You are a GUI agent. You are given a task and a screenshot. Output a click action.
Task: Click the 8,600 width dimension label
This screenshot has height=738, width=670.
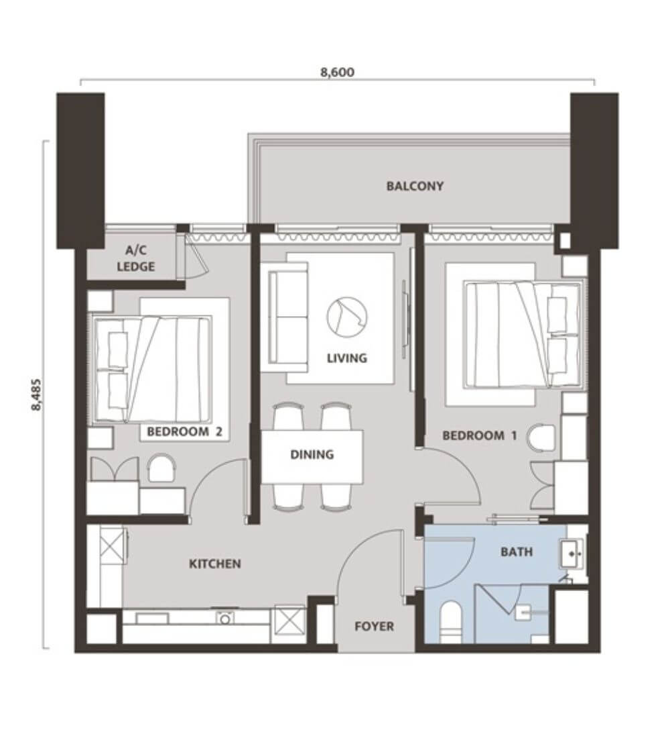tap(337, 72)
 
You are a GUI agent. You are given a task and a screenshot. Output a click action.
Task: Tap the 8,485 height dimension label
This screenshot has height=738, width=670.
tap(37, 394)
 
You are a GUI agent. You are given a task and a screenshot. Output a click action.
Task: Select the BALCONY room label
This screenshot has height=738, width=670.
tap(415, 186)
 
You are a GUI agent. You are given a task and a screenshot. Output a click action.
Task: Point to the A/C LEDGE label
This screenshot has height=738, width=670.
tap(135, 258)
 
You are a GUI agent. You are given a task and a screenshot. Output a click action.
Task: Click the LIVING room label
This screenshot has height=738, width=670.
tap(347, 358)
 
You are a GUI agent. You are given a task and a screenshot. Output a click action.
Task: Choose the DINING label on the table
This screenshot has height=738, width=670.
tap(312, 455)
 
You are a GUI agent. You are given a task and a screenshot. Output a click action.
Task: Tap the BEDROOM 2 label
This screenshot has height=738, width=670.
tap(184, 431)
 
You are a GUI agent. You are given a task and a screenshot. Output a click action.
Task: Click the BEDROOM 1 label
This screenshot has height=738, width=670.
tap(480, 435)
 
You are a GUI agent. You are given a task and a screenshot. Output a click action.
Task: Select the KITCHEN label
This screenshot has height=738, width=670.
tap(215, 564)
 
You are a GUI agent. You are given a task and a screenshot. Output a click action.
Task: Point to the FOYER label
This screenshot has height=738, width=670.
tap(375, 627)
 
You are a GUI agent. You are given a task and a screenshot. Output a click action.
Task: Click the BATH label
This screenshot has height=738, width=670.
tap(517, 551)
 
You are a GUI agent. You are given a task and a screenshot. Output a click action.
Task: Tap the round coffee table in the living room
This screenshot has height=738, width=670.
tap(347, 316)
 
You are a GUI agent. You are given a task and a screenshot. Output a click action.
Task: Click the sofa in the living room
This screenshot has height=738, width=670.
tap(287, 319)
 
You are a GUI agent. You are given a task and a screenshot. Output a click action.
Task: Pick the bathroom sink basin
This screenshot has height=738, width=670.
tap(572, 553)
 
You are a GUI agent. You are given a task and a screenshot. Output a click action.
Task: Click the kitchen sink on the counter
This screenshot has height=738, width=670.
tap(224, 618)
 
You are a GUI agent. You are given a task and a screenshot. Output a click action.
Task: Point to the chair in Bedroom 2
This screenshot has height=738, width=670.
tap(161, 468)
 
